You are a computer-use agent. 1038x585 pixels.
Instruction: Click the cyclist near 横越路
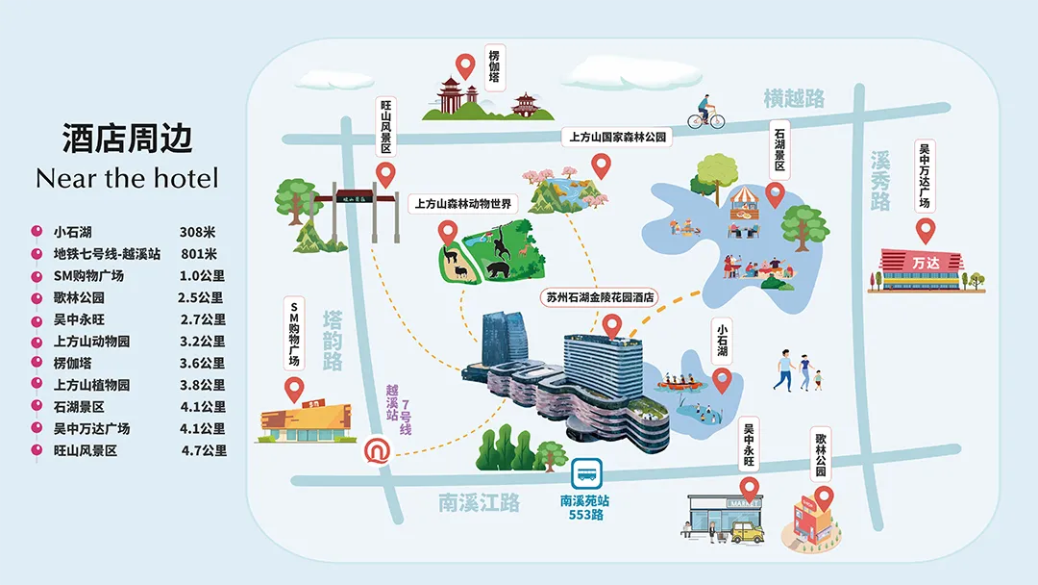pos(705,113)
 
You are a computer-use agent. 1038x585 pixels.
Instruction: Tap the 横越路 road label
pos(794,98)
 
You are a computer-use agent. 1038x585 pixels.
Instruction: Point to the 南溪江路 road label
pos(479,502)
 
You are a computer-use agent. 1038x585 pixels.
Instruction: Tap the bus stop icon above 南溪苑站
pos(585,474)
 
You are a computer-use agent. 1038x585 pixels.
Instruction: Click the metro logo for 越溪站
pos(374,449)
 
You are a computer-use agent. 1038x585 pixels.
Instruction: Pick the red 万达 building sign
pos(924,262)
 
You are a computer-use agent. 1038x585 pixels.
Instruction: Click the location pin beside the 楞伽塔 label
pos(466,67)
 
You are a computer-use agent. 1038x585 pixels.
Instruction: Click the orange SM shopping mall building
pos(301,423)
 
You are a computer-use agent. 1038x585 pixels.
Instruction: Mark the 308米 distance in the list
pos(198,232)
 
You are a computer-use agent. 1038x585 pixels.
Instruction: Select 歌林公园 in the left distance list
pos(79,298)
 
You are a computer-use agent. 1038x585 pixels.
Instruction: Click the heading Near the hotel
pos(127,178)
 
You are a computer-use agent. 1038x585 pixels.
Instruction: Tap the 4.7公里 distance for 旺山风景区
pos(204,450)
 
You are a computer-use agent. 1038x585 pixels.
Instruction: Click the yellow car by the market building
pos(747,532)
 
